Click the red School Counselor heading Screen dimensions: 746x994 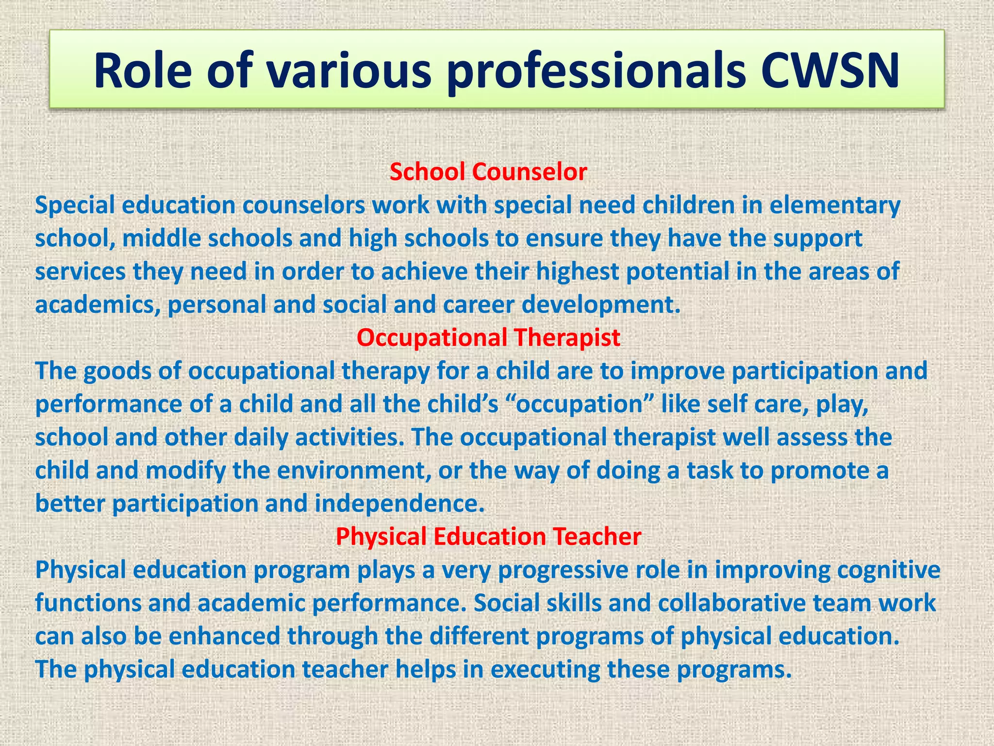pyautogui.click(x=488, y=172)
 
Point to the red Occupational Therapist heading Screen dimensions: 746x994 pyautogui.click(x=488, y=338)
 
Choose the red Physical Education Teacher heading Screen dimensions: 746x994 pyautogui.click(x=488, y=536)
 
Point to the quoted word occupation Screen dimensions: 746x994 pyautogui.click(x=580, y=405)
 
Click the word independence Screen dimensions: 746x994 pyautogui.click(x=399, y=504)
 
